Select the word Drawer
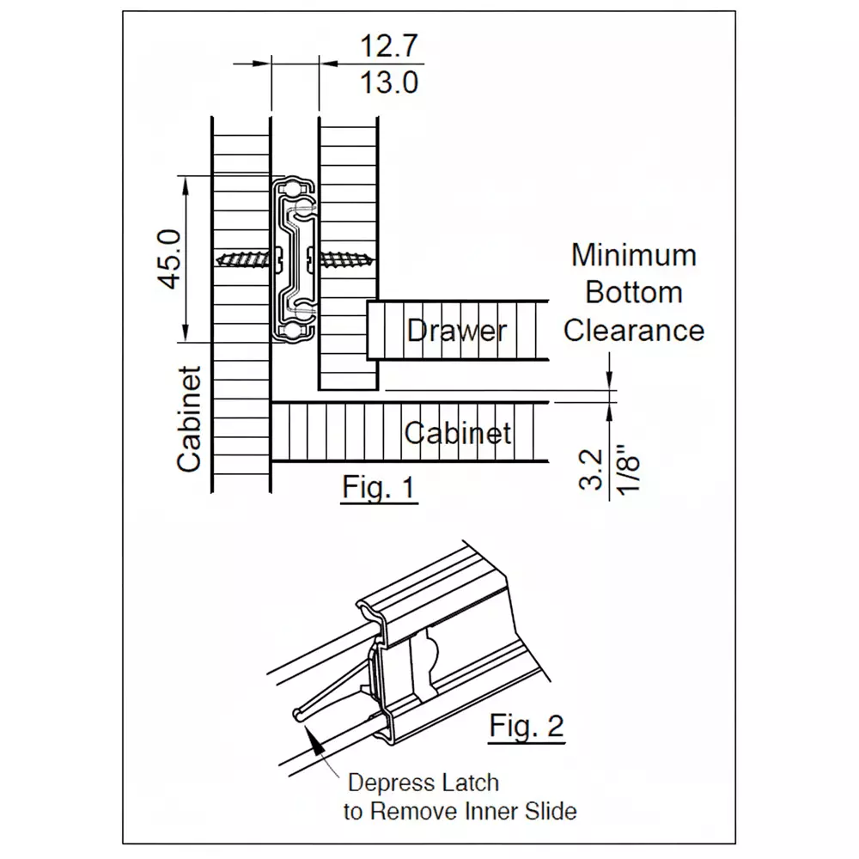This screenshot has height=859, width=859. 456,331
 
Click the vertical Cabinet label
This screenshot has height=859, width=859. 189,420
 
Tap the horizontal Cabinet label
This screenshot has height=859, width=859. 458,433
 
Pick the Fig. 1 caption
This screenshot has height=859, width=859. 378,487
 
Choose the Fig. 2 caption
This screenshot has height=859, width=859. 527,726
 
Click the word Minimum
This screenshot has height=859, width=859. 633,255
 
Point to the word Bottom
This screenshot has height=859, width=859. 633,292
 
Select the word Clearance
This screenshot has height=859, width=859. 633,330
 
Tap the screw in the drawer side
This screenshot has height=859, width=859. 346,257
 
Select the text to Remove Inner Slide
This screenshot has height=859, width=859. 460,811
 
